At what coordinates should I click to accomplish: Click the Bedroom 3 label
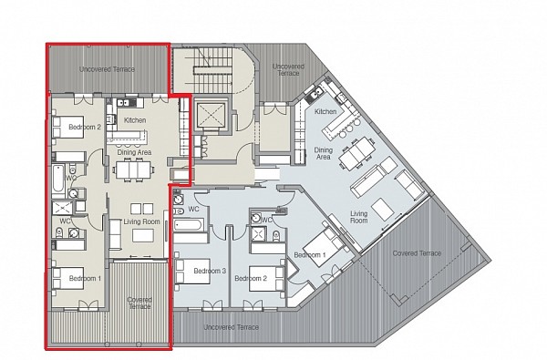pyautogui.click(x=210, y=271)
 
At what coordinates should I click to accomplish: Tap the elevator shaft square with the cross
pyautogui.click(x=211, y=115)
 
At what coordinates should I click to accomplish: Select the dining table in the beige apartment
pyautogui.click(x=134, y=170)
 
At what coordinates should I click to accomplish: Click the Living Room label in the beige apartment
pyautogui.click(x=141, y=221)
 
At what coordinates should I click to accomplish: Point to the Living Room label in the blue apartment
pyautogui.click(x=359, y=217)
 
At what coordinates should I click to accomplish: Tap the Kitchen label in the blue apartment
pyautogui.click(x=325, y=111)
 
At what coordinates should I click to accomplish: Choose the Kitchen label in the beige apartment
pyautogui.click(x=135, y=120)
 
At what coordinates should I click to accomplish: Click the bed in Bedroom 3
pyautogui.click(x=192, y=271)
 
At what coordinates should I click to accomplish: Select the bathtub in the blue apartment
pyautogui.click(x=187, y=225)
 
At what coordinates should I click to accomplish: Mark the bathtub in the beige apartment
pyautogui.click(x=58, y=179)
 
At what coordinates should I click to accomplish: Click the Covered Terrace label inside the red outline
pyautogui.click(x=139, y=303)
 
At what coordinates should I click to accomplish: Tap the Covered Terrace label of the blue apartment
pyautogui.click(x=417, y=253)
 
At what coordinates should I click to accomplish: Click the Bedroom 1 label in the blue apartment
pyautogui.click(x=310, y=255)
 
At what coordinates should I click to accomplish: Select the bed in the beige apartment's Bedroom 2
pyautogui.click(x=68, y=128)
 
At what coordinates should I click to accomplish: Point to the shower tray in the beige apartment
pyautogui.click(x=62, y=209)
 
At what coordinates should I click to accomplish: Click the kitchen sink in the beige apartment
pyautogui.click(x=123, y=103)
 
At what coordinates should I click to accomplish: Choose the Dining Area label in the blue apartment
pyautogui.click(x=324, y=153)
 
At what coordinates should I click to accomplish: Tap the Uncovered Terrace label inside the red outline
pyautogui.click(x=107, y=69)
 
